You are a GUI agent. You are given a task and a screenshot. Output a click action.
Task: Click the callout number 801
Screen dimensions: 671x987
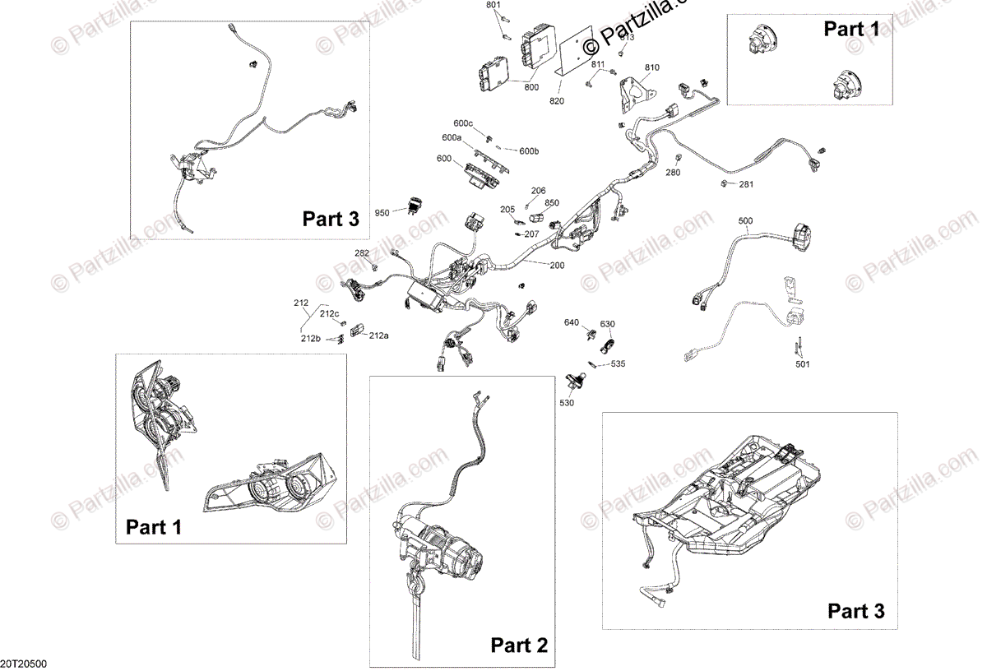pos(493,6)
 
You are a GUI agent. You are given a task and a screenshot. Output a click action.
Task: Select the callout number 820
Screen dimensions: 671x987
pos(558,101)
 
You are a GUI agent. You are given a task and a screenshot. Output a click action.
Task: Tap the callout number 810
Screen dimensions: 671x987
pos(652,67)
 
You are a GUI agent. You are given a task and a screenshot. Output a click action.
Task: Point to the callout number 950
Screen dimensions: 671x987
pos(382,213)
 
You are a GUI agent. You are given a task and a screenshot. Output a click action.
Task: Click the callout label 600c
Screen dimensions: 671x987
pos(463,123)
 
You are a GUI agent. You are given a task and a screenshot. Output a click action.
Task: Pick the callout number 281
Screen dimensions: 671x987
pos(745,184)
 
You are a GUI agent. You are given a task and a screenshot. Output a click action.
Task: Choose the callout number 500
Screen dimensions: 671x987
pos(745,221)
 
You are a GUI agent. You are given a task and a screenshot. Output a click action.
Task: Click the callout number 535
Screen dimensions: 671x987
pos(618,363)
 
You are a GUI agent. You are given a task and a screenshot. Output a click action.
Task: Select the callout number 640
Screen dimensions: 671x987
pos(571,322)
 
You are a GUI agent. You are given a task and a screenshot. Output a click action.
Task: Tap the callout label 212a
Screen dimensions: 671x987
pos(379,335)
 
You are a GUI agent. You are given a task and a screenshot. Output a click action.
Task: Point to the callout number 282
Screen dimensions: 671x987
pos(362,253)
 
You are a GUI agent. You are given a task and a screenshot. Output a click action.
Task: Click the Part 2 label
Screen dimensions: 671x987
pos(518,646)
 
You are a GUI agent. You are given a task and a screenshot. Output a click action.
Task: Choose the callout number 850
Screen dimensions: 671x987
pos(551,203)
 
